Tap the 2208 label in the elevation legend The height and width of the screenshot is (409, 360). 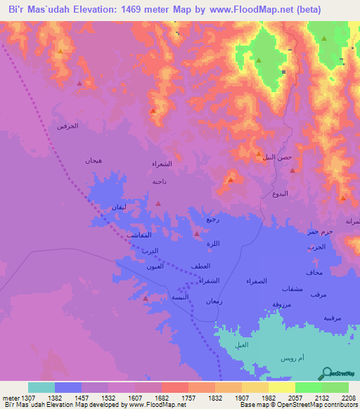pyautogui.click(x=349, y=397)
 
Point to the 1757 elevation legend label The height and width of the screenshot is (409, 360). pyautogui.click(x=188, y=397)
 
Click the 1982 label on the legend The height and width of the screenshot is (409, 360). pyautogui.click(x=269, y=397)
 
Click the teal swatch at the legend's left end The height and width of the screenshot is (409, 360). pyautogui.click(x=41, y=387)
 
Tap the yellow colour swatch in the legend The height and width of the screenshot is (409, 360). pyautogui.click(x=281, y=387)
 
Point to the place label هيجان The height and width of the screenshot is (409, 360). pyautogui.click(x=94, y=160)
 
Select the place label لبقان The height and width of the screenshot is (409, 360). pyautogui.click(x=118, y=207)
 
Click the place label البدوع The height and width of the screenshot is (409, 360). pyautogui.click(x=279, y=193)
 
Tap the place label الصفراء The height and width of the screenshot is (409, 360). pyautogui.click(x=256, y=281)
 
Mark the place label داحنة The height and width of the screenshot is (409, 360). pyautogui.click(x=159, y=181)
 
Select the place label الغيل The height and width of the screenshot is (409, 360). pyautogui.click(x=241, y=344)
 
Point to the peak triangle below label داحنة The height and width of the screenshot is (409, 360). pyautogui.click(x=158, y=203)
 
